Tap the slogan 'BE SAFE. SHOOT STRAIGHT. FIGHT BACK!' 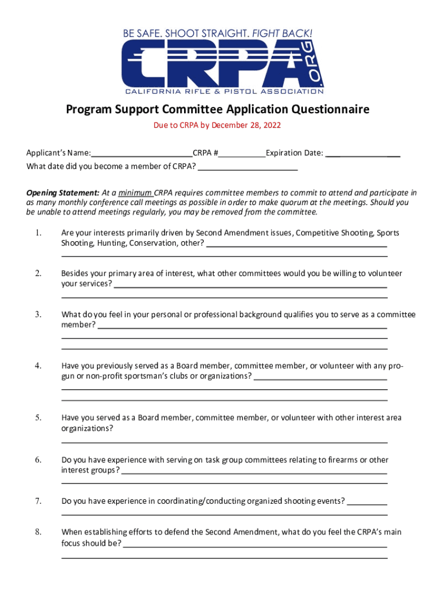point(221,34)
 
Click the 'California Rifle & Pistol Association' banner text point(225,91)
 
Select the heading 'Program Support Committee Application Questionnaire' point(217,110)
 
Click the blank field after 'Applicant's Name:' point(142,153)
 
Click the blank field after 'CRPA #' point(242,153)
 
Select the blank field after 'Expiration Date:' point(362,153)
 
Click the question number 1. point(38,233)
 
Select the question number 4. point(38,366)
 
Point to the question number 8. point(38,532)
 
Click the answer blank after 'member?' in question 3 point(243,325)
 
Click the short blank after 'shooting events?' point(367,501)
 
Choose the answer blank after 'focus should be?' point(255,544)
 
